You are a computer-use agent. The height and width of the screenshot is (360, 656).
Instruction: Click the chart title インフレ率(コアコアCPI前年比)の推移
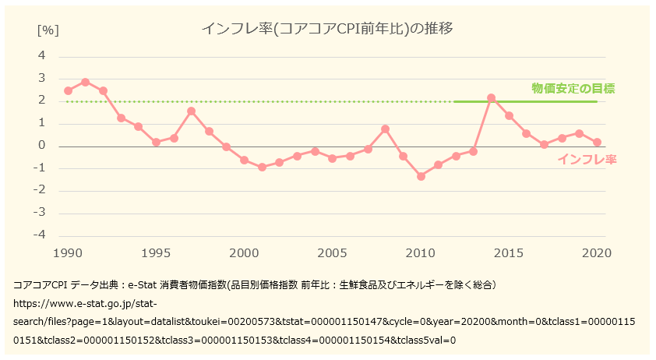327,30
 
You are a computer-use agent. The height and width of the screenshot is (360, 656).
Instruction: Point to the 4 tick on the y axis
42,56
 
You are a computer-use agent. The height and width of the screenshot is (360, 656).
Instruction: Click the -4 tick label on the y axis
40,235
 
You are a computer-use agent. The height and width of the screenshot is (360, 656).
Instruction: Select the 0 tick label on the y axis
42,146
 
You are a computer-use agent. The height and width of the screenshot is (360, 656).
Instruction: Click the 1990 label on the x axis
68,253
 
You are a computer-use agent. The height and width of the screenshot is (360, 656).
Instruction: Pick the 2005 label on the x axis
333,253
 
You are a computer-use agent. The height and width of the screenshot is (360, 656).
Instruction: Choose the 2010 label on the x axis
421,253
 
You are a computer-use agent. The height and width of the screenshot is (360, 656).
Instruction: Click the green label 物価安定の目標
573,88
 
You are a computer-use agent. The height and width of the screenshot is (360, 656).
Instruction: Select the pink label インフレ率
587,160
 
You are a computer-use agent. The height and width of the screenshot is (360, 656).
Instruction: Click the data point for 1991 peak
86,82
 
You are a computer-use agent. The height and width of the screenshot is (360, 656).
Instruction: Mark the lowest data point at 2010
421,176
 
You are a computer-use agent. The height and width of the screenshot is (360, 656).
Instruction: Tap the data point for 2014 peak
492,98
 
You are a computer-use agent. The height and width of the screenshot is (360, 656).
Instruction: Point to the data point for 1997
191,111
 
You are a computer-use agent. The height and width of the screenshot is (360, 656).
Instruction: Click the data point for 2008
385,129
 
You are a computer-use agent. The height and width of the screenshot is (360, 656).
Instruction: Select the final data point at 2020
597,142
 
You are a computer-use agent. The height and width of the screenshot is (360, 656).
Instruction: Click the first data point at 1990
68,90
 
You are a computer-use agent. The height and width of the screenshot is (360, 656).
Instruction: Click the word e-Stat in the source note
143,285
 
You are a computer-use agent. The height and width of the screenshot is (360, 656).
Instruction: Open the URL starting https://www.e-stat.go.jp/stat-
86,303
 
